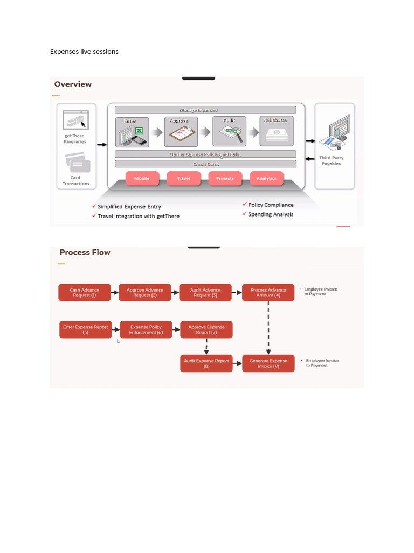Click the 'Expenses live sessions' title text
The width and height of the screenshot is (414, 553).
[x=84, y=52]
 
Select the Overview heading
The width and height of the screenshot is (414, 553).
[x=73, y=84]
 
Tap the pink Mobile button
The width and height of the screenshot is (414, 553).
[x=142, y=178]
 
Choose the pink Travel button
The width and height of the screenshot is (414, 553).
[x=183, y=178]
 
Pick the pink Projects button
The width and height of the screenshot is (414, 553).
[x=225, y=178]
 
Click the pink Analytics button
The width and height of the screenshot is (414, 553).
[x=266, y=178]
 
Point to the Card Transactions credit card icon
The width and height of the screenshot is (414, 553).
[x=78, y=163]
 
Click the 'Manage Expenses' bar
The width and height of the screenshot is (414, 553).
[x=205, y=110]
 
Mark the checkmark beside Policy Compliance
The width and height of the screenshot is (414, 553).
[x=245, y=205]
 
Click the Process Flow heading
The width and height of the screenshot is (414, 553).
[x=85, y=252]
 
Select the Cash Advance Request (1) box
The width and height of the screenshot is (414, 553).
[x=85, y=293]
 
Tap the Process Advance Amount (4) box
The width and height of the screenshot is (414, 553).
[x=268, y=293]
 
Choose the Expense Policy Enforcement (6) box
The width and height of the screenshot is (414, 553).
[x=146, y=330]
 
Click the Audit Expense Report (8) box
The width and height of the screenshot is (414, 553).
[x=206, y=363]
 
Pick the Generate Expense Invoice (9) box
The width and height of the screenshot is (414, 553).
[x=268, y=363]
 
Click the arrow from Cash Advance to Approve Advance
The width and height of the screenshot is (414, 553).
[x=114, y=293]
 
